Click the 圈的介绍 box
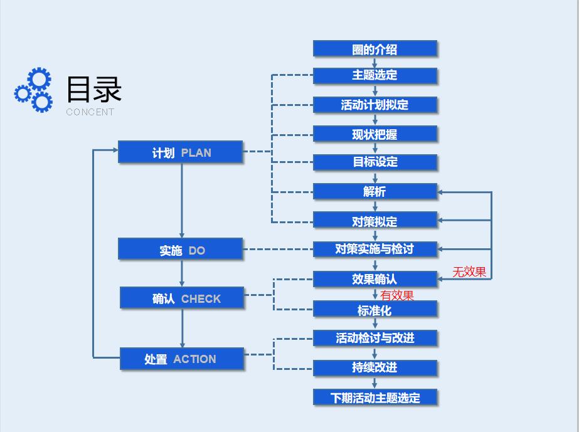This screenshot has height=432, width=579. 374,49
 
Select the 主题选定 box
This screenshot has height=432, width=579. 374,75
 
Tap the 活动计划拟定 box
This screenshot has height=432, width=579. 374,105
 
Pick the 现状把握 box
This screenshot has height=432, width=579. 374,134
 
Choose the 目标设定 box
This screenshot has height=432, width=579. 374,162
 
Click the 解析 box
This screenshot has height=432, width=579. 374,191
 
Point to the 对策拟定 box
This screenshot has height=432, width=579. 374,220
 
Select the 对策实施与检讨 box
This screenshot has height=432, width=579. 374,249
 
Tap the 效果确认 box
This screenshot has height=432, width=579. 374,278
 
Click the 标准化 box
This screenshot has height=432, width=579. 374,309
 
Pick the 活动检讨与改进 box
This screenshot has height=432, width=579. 374,338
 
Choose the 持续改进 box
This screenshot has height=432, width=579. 374,367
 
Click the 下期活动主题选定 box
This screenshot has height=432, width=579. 374,397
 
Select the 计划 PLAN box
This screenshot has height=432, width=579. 181,152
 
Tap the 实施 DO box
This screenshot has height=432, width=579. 181,250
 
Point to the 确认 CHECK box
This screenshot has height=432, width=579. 182,298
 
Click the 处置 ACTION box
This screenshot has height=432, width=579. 182,359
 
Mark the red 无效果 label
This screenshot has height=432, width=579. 469,272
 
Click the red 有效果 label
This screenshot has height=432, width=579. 397,295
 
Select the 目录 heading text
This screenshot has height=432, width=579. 93,89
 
